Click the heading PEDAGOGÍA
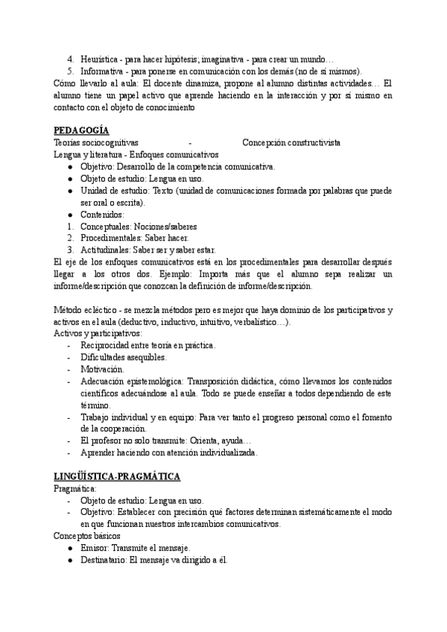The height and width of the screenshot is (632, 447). pyautogui.click(x=81, y=130)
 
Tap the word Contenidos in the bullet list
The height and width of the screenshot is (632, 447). pyautogui.click(x=102, y=214)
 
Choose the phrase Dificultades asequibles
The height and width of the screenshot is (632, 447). pyautogui.click(x=122, y=357)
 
